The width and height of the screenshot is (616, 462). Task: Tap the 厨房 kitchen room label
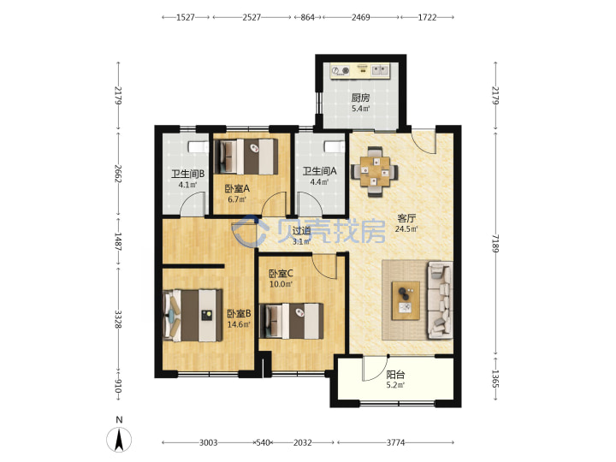pos(360,98)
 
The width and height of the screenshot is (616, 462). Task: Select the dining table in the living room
pos(374,172)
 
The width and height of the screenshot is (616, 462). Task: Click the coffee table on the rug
pos(406,300)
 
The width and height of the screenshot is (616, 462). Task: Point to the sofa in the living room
pos(440,299)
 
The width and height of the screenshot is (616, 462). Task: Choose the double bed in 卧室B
pos(192,316)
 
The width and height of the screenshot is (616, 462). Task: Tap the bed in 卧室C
pos(292,321)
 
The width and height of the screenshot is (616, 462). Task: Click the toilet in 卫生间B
pos(198,147)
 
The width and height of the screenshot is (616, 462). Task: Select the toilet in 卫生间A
pos(335,146)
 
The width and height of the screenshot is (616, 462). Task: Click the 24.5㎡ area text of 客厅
pos(406,228)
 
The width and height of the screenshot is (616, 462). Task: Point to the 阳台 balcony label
pos(395,375)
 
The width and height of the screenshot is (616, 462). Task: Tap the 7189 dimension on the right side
pos(495,244)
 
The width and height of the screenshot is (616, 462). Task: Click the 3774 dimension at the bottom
pos(395,443)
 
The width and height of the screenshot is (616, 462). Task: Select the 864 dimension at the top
pos(307,17)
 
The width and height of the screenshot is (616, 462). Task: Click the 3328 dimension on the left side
pos(118,319)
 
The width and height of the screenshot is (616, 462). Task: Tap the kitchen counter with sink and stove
pos(360,71)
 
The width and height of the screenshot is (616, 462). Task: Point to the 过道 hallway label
pos(302,231)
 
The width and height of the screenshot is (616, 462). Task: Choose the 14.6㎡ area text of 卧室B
pos(239,324)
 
